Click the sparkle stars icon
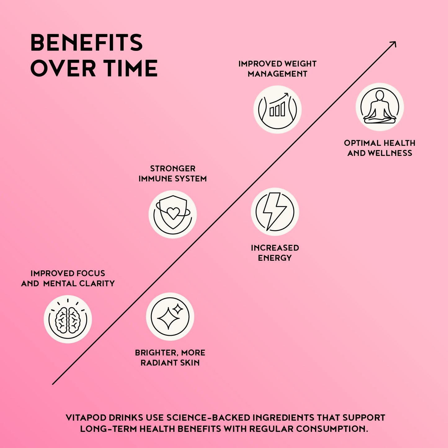tap(170, 317)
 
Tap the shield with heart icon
tap(172, 214)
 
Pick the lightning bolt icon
tap(275, 212)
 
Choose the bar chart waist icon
tap(277, 109)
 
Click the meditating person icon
tap(380, 107)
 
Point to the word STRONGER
tap(173, 169)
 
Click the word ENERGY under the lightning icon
tap(275, 258)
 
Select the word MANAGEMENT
tap(277, 74)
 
